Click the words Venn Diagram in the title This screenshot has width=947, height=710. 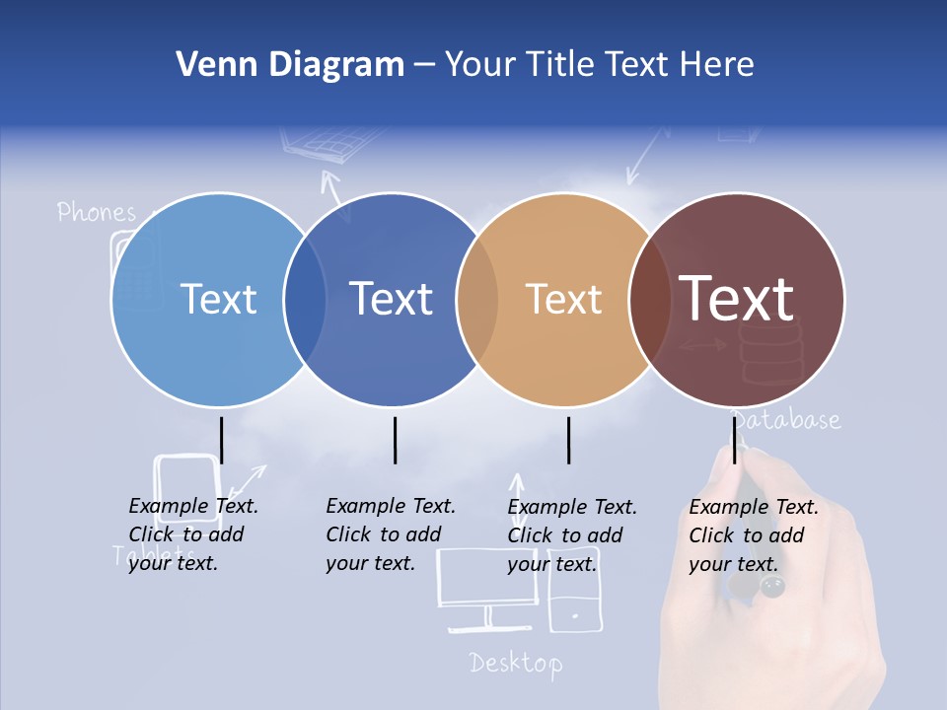[x=290, y=65]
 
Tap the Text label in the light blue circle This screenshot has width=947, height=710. [x=219, y=299]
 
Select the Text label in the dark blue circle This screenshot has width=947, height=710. [x=392, y=299]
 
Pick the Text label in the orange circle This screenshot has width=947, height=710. [x=563, y=299]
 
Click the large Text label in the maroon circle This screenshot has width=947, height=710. [x=737, y=299]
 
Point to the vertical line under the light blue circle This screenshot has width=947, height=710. [x=222, y=440]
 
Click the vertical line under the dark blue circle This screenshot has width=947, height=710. [x=395, y=440]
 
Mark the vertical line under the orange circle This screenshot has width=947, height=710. [x=568, y=440]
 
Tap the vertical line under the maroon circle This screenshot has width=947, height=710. [x=734, y=440]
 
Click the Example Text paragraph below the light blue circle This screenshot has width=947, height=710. [x=193, y=534]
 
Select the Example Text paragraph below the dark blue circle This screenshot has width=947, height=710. [x=391, y=534]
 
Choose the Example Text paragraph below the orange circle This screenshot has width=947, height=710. [x=572, y=535]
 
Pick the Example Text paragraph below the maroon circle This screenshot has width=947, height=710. [x=754, y=535]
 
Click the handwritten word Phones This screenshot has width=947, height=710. [x=96, y=212]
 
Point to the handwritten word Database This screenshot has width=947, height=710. [x=786, y=421]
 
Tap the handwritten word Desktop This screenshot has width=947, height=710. [x=516, y=663]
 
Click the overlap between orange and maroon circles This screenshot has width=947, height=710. [x=649, y=299]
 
